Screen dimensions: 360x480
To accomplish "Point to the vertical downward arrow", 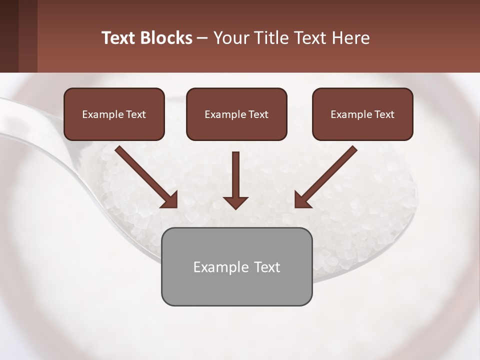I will point(235,175).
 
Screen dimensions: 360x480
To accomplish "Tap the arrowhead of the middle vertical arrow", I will point(235,202).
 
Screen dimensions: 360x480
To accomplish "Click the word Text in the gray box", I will point(267,267).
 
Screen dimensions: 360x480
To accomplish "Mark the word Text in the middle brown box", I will point(258,114).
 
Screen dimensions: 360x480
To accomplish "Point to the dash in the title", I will point(202,38).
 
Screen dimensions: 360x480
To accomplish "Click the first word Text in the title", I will point(118,38).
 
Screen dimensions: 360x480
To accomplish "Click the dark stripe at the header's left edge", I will point(9,36).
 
